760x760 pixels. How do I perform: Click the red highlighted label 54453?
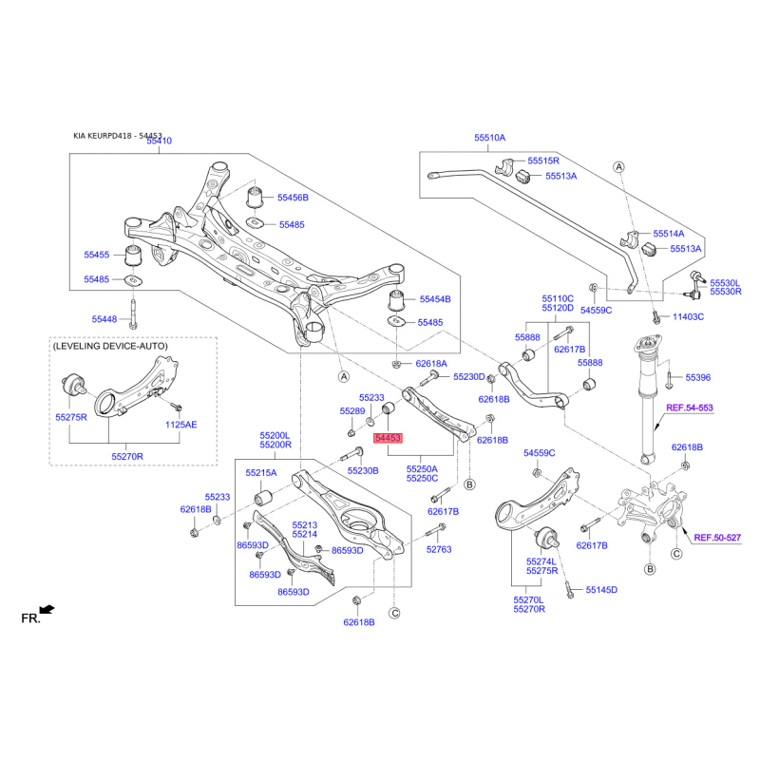388,439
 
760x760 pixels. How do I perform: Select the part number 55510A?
490,138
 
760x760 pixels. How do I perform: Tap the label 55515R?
544,161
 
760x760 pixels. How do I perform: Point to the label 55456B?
293,198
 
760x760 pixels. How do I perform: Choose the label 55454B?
435,298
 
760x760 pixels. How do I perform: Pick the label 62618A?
430,364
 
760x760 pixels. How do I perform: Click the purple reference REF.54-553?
689,408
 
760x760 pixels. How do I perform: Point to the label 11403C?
688,316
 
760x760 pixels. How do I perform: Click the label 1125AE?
180,425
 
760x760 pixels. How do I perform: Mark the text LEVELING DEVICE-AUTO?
110,347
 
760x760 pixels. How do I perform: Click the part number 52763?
439,549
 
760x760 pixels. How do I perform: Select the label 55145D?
601,590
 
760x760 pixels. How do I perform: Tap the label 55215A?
260,472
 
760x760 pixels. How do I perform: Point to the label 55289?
352,410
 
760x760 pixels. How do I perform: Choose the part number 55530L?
727,283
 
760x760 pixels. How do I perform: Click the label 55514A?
668,233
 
